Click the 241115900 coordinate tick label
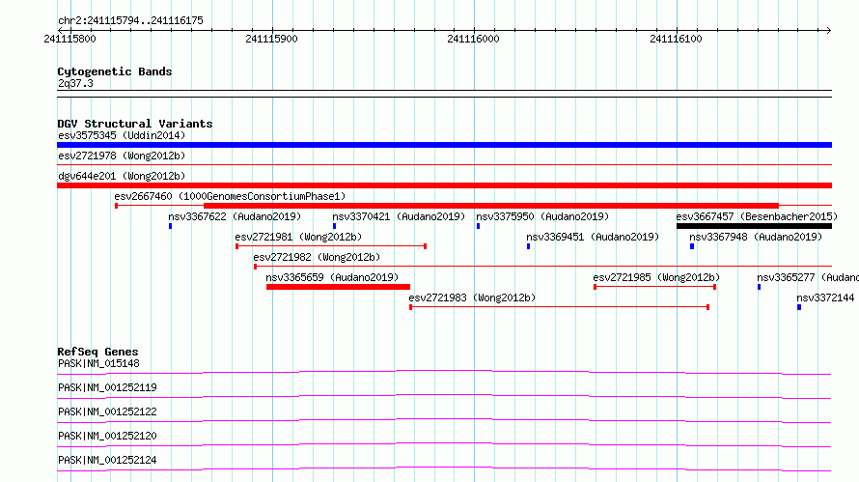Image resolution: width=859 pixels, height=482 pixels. pyautogui.click(x=272, y=39)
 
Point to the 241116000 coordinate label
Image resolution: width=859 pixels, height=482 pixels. pyautogui.click(x=473, y=39)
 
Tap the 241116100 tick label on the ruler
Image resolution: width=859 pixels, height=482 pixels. pyautogui.click(x=676, y=39)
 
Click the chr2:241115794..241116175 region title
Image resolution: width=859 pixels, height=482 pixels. pyautogui.click(x=130, y=20)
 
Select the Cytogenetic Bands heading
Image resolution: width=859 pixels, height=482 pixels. pyautogui.click(x=115, y=71)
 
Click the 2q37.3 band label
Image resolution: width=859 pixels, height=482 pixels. pyautogui.click(x=75, y=83)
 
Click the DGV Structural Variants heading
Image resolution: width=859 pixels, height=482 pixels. pyautogui.click(x=135, y=124)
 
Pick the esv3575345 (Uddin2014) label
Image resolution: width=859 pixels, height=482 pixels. pyautogui.click(x=122, y=135)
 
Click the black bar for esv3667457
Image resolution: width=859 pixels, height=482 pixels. pyautogui.click(x=755, y=226)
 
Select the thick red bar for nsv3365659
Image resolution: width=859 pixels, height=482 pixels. pyautogui.click(x=338, y=287)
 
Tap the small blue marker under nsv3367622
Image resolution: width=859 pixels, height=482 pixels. pyautogui.click(x=171, y=226)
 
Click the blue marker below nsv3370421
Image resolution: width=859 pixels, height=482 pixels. pyautogui.click(x=334, y=226)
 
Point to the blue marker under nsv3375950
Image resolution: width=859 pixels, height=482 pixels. pyautogui.click(x=479, y=226)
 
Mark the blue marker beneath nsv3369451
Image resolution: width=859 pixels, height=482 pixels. pyautogui.click(x=529, y=246)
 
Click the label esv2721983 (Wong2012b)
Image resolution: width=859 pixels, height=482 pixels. pyautogui.click(x=472, y=298)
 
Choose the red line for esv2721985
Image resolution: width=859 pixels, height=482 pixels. pyautogui.click(x=655, y=287)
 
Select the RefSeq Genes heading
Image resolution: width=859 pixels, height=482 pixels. pyautogui.click(x=98, y=352)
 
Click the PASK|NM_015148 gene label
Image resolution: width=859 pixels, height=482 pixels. pyautogui.click(x=98, y=363)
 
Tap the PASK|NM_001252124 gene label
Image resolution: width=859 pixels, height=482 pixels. pyautogui.click(x=107, y=460)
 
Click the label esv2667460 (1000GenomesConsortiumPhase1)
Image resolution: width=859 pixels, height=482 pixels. pyautogui.click(x=230, y=196)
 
